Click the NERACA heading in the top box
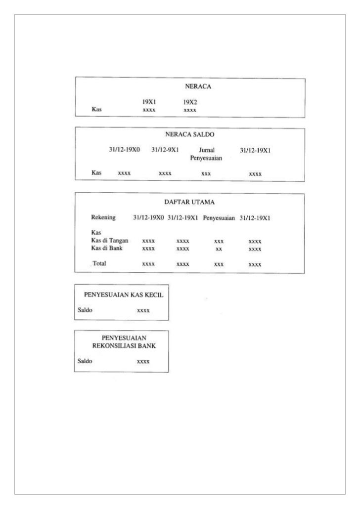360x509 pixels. (x=198, y=86)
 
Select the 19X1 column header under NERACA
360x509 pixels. (x=149, y=102)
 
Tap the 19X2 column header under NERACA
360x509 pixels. (x=190, y=102)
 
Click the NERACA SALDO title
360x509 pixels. (x=190, y=134)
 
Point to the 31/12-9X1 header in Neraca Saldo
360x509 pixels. (x=165, y=150)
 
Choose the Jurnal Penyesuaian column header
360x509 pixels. (x=206, y=154)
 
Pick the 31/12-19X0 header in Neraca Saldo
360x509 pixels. (x=125, y=150)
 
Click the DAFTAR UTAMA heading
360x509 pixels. (x=189, y=202)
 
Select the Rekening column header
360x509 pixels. (x=103, y=217)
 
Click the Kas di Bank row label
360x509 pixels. (x=106, y=248)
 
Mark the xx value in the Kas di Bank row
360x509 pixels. (x=219, y=249)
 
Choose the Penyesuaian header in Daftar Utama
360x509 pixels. (x=219, y=218)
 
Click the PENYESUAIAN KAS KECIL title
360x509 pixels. (x=123, y=295)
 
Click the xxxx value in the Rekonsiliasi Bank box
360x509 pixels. (x=143, y=362)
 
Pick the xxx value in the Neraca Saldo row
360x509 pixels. (x=206, y=174)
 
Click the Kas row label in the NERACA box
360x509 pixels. (x=97, y=110)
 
